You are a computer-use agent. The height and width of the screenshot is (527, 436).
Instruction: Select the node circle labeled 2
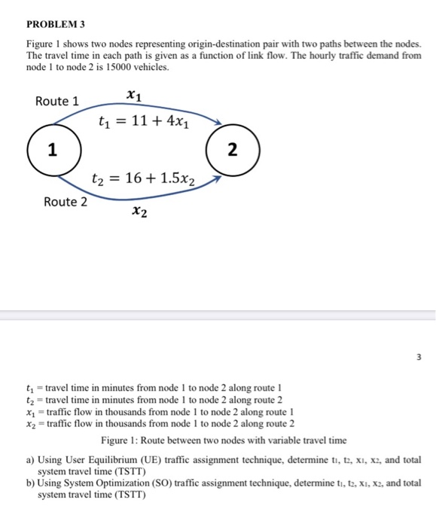232,151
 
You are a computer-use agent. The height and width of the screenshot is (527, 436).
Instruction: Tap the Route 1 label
56,101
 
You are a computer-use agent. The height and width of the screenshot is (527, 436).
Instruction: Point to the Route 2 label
66,201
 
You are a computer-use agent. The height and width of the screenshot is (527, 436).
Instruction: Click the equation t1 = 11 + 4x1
141,121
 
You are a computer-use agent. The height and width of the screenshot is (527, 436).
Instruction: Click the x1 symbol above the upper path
134,95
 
